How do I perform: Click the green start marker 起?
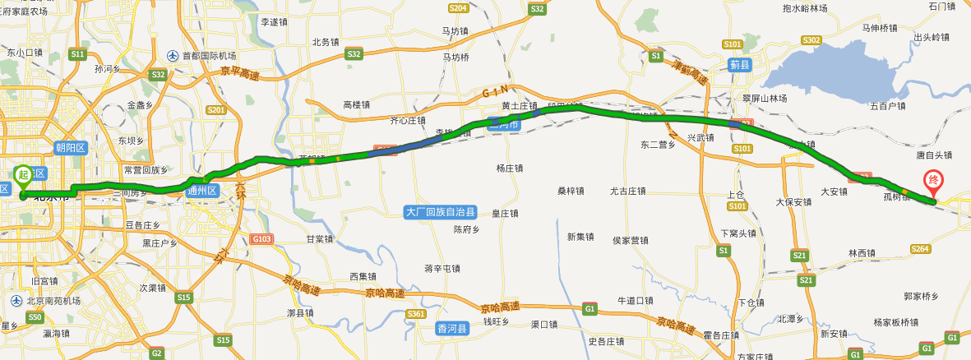(23, 173)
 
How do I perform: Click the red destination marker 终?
(933, 179)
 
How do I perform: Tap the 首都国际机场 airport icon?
(173, 56)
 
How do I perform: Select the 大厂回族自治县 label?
(441, 212)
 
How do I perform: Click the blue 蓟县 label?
(740, 64)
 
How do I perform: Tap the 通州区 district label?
(201, 191)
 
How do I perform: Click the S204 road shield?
(459, 8)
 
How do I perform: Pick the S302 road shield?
(811, 40)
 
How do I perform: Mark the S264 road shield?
(920, 249)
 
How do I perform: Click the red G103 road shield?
(262, 239)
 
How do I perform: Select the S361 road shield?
(416, 314)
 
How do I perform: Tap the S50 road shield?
(35, 316)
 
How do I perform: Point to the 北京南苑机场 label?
(49, 301)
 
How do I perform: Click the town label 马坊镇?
(455, 31)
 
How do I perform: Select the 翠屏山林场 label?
(765, 99)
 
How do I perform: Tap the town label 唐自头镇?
(934, 155)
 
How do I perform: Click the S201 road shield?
(216, 109)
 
